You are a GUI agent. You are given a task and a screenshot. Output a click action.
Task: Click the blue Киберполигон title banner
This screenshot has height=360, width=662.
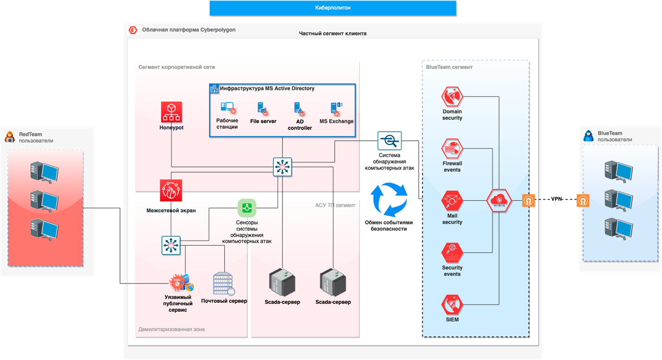332,8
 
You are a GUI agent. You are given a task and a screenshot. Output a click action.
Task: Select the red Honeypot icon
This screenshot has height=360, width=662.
171,112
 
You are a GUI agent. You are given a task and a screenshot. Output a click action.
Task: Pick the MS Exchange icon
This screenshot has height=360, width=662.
336,109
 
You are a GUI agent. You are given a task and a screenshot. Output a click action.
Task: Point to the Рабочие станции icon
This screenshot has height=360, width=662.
227,109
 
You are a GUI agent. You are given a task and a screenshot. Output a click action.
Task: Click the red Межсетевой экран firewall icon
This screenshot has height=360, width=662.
171,190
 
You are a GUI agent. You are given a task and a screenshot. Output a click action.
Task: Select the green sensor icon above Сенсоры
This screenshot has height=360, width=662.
247,208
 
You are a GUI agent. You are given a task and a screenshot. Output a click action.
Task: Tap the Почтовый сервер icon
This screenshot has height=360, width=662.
223,284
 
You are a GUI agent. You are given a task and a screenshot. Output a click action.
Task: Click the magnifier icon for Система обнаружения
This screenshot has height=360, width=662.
389,141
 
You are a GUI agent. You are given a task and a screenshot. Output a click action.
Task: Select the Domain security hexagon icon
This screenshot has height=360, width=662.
452,97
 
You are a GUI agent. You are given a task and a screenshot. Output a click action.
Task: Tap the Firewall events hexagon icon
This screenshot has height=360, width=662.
452,149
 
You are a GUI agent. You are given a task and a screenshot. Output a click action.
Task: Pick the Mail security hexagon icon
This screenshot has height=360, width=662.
452,201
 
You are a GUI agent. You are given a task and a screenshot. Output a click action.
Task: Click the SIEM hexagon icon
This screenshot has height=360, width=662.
452,304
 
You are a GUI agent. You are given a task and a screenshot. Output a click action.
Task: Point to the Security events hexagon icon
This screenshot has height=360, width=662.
452,253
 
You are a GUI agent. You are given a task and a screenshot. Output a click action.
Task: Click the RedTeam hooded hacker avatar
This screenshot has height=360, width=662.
10,137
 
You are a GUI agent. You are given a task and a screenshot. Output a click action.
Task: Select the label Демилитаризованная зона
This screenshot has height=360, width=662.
172,329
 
